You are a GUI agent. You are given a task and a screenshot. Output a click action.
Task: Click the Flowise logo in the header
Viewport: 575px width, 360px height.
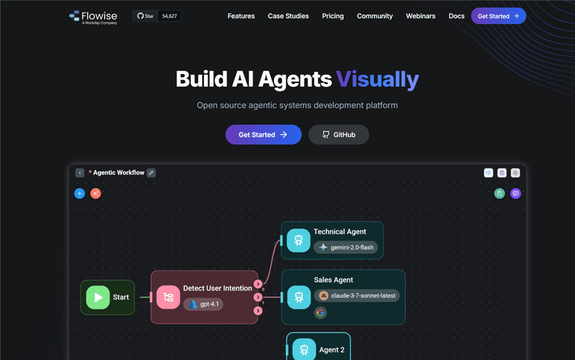tap(93, 17)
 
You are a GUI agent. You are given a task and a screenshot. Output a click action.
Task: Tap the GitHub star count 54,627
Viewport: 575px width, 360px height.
tap(169, 16)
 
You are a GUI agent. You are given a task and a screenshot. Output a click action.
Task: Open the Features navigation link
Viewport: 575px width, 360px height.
tap(241, 16)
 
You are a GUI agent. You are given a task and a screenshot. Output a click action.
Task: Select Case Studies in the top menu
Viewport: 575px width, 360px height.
tap(288, 16)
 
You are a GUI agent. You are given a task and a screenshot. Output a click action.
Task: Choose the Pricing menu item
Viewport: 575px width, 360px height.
tap(333, 16)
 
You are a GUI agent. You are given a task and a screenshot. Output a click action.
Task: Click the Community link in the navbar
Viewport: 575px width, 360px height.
tap(375, 16)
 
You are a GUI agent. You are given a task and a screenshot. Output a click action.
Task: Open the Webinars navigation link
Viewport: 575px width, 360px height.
tap(421, 16)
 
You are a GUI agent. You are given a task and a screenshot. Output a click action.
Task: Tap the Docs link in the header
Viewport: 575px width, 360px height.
tap(456, 16)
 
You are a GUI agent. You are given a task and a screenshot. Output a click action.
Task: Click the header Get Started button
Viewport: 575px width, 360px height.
tap(498, 16)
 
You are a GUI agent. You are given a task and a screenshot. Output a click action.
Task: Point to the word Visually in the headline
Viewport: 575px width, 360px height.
tap(377, 79)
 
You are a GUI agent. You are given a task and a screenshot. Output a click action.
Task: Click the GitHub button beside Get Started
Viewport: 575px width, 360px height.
tap(338, 134)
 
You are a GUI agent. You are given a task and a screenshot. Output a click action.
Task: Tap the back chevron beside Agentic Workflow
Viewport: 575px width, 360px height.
tap(79, 172)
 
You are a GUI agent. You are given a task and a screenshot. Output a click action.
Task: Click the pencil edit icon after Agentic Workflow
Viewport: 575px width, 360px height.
tap(151, 172)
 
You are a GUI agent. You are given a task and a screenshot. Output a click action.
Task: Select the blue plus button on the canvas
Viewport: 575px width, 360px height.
tap(79, 194)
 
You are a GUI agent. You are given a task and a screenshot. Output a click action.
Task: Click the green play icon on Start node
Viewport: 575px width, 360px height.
tap(98, 297)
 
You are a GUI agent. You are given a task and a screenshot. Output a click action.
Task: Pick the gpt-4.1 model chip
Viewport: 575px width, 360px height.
tap(203, 304)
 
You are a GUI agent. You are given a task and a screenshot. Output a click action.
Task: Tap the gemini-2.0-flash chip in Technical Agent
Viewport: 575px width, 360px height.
tap(346, 247)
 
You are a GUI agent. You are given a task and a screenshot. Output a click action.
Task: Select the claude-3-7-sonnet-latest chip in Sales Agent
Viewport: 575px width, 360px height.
tap(357, 295)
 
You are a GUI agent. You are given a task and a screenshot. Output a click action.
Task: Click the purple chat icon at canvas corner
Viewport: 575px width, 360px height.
tap(516, 194)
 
